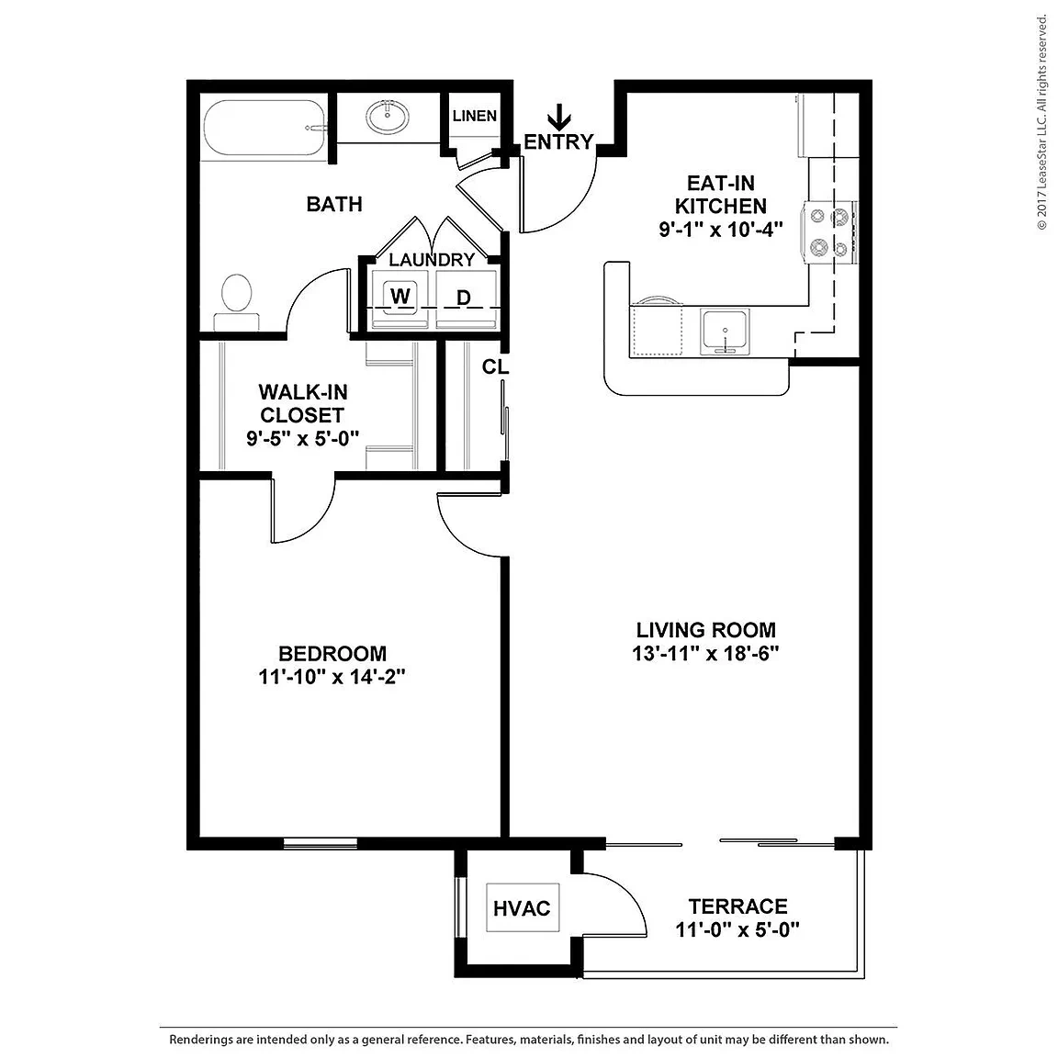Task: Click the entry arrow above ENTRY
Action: [558, 118]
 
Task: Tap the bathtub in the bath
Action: [265, 129]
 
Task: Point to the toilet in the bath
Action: [236, 301]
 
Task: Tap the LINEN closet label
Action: [474, 116]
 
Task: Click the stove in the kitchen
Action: [829, 232]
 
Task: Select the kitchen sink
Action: [725, 332]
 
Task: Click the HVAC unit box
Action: [523, 908]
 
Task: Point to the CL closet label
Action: [495, 366]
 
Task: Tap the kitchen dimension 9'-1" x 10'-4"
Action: [721, 230]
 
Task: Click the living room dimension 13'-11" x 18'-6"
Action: [705, 653]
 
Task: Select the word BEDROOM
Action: [332, 653]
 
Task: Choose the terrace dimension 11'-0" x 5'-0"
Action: [737, 929]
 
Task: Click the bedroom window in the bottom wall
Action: [320, 843]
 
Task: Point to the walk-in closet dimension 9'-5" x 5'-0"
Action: [302, 439]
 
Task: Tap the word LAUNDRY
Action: [432, 260]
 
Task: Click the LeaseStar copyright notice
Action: [1042, 121]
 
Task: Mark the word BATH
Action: [334, 204]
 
